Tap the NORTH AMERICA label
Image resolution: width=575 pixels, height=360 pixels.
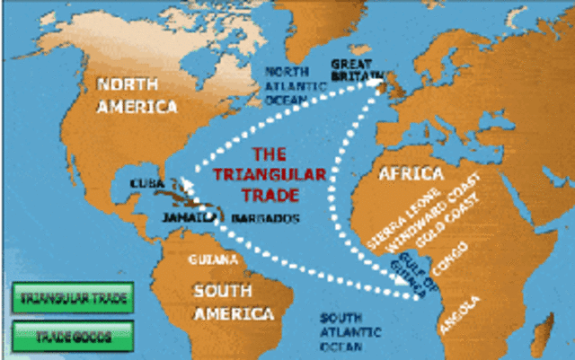(x=137, y=96)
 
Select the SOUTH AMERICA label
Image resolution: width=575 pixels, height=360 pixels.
(x=234, y=302)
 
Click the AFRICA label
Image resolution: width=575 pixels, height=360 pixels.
(x=411, y=173)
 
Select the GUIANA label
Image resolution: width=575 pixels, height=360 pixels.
(x=213, y=260)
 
